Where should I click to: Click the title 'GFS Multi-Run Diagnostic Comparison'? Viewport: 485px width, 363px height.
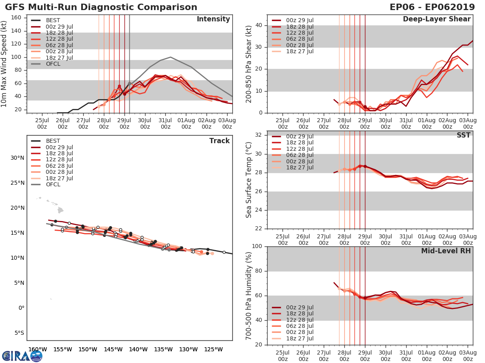coord(101,7)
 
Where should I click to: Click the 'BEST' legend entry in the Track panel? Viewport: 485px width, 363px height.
coord(53,141)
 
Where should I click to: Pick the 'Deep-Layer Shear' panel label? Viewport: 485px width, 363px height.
coord(436,19)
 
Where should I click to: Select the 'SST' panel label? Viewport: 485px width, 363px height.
coord(463,136)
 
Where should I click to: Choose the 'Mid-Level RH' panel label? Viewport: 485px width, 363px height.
coord(446,251)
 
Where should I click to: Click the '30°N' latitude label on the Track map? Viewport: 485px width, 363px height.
coord(18,158)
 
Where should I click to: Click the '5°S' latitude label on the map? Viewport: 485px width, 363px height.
coord(19,333)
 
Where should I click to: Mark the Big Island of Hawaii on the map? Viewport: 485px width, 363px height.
coord(60,210)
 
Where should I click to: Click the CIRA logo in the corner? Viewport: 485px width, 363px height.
coord(22,356)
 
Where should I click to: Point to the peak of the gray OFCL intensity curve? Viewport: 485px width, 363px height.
coord(171,57)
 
